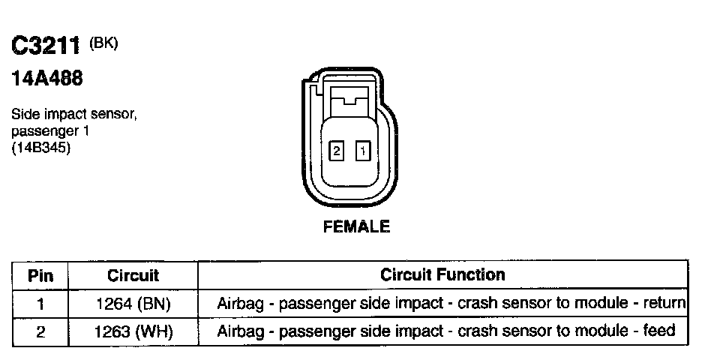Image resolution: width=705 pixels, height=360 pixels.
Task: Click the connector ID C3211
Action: pos(46,46)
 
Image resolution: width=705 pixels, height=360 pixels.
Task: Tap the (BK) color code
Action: pos(103,43)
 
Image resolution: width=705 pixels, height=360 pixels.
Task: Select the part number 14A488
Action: pos(46,78)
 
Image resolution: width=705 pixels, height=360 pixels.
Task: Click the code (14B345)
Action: pos(42,148)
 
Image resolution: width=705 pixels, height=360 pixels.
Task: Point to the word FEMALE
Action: pos(356,226)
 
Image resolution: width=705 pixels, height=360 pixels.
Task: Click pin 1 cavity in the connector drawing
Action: pos(363,151)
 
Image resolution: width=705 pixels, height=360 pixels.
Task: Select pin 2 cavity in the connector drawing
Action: pos(337,151)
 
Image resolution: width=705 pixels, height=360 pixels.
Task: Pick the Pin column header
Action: pos(40,275)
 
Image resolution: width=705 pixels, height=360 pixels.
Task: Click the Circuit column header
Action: pos(133,275)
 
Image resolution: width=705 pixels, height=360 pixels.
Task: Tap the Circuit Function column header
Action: pos(443,274)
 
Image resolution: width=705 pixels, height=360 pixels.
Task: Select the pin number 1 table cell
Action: pos(40,304)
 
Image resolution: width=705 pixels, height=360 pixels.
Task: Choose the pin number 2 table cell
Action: pos(40,331)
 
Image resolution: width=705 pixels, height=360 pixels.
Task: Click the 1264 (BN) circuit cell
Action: pos(133,304)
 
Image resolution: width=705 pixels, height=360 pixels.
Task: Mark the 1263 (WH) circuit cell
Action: pos(133,331)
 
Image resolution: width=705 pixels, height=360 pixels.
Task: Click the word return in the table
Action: pos(667,304)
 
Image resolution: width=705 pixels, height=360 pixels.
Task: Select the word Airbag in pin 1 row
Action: pos(238,304)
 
